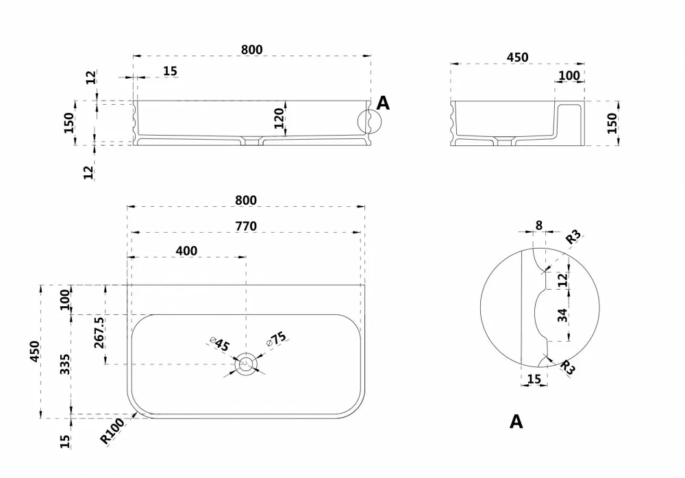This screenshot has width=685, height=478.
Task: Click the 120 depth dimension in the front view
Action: point(279,118)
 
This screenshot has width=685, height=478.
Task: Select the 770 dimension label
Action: point(246,226)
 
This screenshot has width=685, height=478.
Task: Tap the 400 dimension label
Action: point(186,251)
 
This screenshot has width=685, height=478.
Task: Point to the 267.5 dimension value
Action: point(99,333)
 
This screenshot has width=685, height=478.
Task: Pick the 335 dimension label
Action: point(65,364)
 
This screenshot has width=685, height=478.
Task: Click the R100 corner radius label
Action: point(112,431)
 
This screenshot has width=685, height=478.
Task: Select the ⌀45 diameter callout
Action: point(219,344)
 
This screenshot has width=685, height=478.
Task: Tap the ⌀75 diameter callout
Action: point(277,339)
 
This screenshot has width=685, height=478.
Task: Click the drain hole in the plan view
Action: point(246,364)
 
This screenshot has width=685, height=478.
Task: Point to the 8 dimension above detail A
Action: point(538,225)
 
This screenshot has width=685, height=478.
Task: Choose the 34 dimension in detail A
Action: point(562,315)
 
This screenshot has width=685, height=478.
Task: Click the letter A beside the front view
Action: point(383,103)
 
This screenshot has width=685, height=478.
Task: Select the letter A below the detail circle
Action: point(516,422)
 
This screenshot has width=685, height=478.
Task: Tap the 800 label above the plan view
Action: point(246,200)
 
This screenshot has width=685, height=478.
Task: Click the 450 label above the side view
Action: point(518,58)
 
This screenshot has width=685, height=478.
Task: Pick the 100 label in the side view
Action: point(569,75)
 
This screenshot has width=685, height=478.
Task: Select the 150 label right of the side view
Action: point(612,123)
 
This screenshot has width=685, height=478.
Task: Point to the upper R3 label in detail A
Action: point(573,237)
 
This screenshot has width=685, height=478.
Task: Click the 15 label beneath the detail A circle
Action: point(534,379)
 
